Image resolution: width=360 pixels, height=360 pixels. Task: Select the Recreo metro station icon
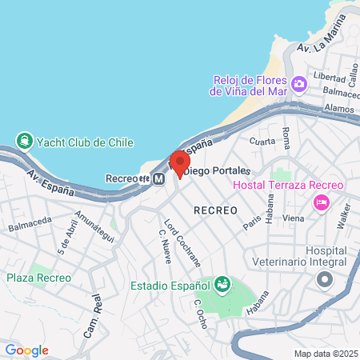[159, 178]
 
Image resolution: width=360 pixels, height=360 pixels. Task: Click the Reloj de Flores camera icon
[298, 83]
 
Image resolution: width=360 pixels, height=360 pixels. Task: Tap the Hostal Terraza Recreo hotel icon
[322, 202]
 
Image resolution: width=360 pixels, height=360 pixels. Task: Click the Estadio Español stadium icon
[222, 284]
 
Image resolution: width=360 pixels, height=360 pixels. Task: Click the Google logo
[26, 350]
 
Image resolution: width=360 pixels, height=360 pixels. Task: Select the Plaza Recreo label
[39, 278]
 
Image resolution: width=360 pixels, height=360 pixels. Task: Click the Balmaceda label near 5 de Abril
[30, 226]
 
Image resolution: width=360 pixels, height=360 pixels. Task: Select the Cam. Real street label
[90, 318]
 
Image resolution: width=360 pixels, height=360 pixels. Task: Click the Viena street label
[293, 218]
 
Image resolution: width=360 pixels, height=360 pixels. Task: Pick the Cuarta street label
[262, 141]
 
